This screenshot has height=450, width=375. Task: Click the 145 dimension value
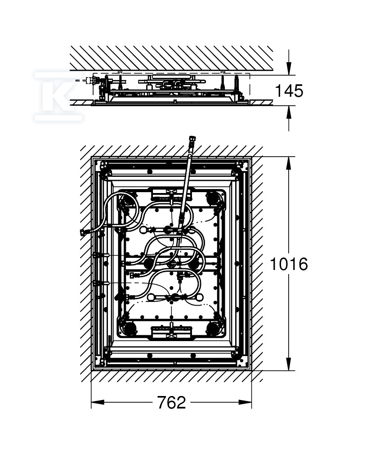(x=289, y=91)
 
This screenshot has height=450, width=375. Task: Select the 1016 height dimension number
(x=289, y=264)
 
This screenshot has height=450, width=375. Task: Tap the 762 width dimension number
(x=171, y=402)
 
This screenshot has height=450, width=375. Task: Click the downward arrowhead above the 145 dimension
(x=289, y=69)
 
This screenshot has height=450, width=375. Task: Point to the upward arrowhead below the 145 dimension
(x=289, y=112)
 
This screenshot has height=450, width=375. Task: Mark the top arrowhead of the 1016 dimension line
(x=289, y=163)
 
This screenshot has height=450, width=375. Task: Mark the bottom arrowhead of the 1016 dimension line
(x=289, y=364)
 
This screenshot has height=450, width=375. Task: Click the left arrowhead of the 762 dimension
(x=98, y=402)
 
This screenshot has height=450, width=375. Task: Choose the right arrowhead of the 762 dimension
(x=245, y=402)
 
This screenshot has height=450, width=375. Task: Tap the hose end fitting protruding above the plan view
(x=191, y=143)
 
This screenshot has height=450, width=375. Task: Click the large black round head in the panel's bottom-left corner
(x=129, y=328)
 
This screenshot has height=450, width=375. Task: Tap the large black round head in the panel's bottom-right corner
(x=213, y=328)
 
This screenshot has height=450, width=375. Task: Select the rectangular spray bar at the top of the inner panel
(x=171, y=194)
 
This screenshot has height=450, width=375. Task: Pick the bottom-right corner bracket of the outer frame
(x=242, y=361)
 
